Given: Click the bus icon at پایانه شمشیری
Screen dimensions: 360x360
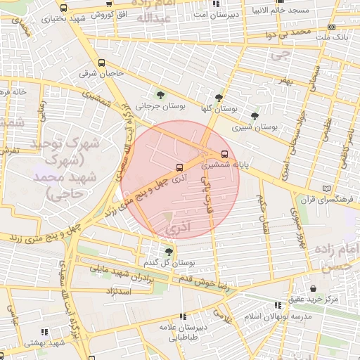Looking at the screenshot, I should pos(224,154).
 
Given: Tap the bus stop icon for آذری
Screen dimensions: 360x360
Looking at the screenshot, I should pos(179,167).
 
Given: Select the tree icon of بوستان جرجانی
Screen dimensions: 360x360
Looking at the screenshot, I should pos(161,94).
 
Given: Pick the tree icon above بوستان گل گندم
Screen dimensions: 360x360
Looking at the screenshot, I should pos(168,251).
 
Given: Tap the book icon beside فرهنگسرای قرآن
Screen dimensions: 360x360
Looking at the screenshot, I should pos(324,188).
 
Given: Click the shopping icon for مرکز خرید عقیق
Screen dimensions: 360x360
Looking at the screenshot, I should pos(313,288).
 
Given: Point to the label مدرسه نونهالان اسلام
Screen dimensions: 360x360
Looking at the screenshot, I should pos(278,316).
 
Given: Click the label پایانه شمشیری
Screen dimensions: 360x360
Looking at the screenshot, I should pos(224,167).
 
